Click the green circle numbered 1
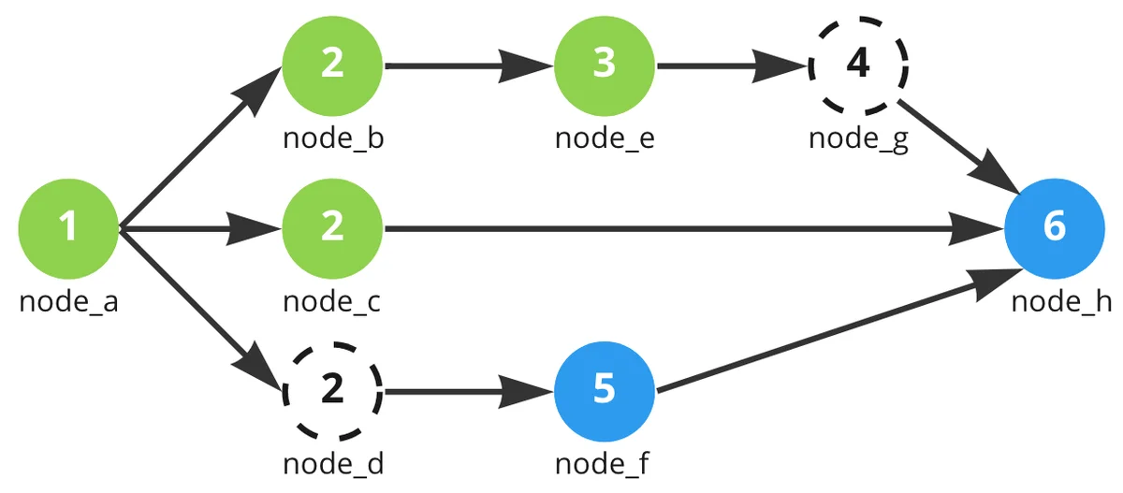click(x=68, y=227)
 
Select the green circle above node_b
click(x=332, y=65)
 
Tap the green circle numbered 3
click(x=604, y=65)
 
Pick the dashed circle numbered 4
click(x=858, y=65)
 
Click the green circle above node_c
click(x=332, y=227)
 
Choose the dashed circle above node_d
click(x=332, y=390)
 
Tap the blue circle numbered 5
click(x=604, y=390)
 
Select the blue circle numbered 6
click(x=1054, y=227)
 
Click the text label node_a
click(x=68, y=301)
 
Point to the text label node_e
click(x=604, y=138)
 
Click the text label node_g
click(x=858, y=138)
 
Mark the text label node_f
click(x=604, y=463)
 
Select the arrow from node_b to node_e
click(x=468, y=65)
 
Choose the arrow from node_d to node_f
click(x=468, y=390)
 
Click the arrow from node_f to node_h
click(x=833, y=330)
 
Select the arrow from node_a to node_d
click(x=197, y=305)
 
